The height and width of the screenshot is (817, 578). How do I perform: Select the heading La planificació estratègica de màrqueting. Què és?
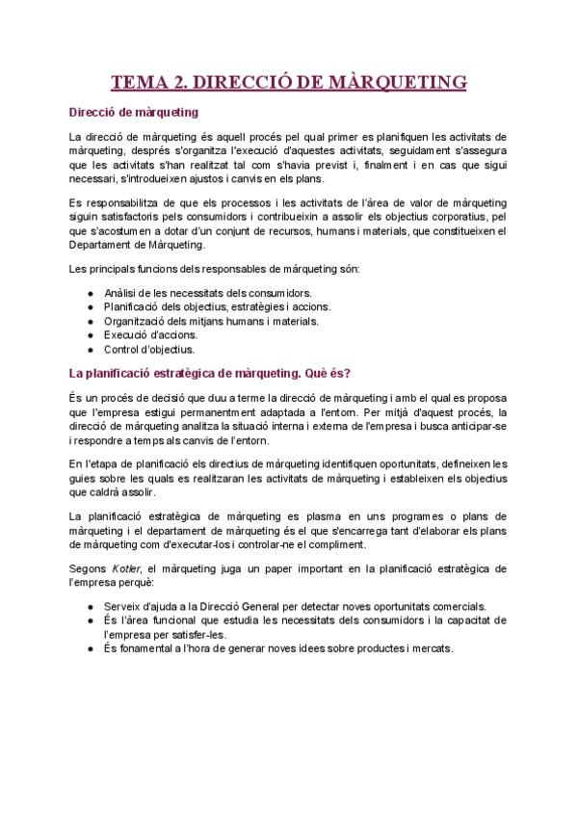tap(210, 373)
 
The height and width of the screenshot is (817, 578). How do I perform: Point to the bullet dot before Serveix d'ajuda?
tap(90, 606)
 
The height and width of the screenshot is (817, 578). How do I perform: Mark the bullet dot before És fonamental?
tap(90, 648)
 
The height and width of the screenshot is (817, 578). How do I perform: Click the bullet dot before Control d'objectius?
tap(90, 350)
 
